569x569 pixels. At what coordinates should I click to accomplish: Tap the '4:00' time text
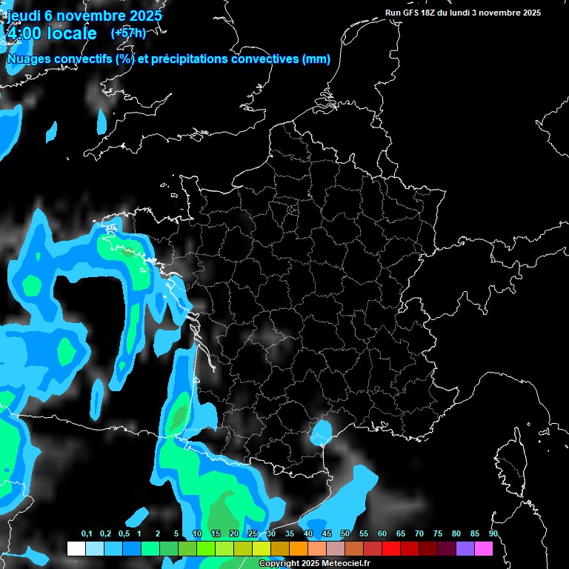pyautogui.click(x=24, y=33)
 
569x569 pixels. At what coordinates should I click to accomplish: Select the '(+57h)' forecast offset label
pyautogui.click(x=128, y=33)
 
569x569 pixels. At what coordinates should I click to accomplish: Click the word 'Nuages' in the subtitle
pyautogui.click(x=32, y=59)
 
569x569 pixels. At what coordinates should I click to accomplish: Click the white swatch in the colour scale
pyautogui.click(x=76, y=548)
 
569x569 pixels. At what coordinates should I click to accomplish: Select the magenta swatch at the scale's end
pyautogui.click(x=484, y=548)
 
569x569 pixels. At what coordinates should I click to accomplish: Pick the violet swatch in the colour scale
pyautogui.click(x=465, y=548)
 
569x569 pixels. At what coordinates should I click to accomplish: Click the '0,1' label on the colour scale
pyautogui.click(x=87, y=534)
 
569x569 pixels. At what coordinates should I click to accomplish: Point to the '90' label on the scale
pyautogui.click(x=493, y=534)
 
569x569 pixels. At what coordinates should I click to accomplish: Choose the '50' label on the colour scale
pyautogui.click(x=345, y=534)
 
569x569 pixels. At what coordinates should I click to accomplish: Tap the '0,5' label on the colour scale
pyautogui.click(x=124, y=534)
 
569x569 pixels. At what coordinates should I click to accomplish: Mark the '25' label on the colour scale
pyautogui.click(x=253, y=534)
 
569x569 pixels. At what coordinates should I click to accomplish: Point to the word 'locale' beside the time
pyautogui.click(x=70, y=33)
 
